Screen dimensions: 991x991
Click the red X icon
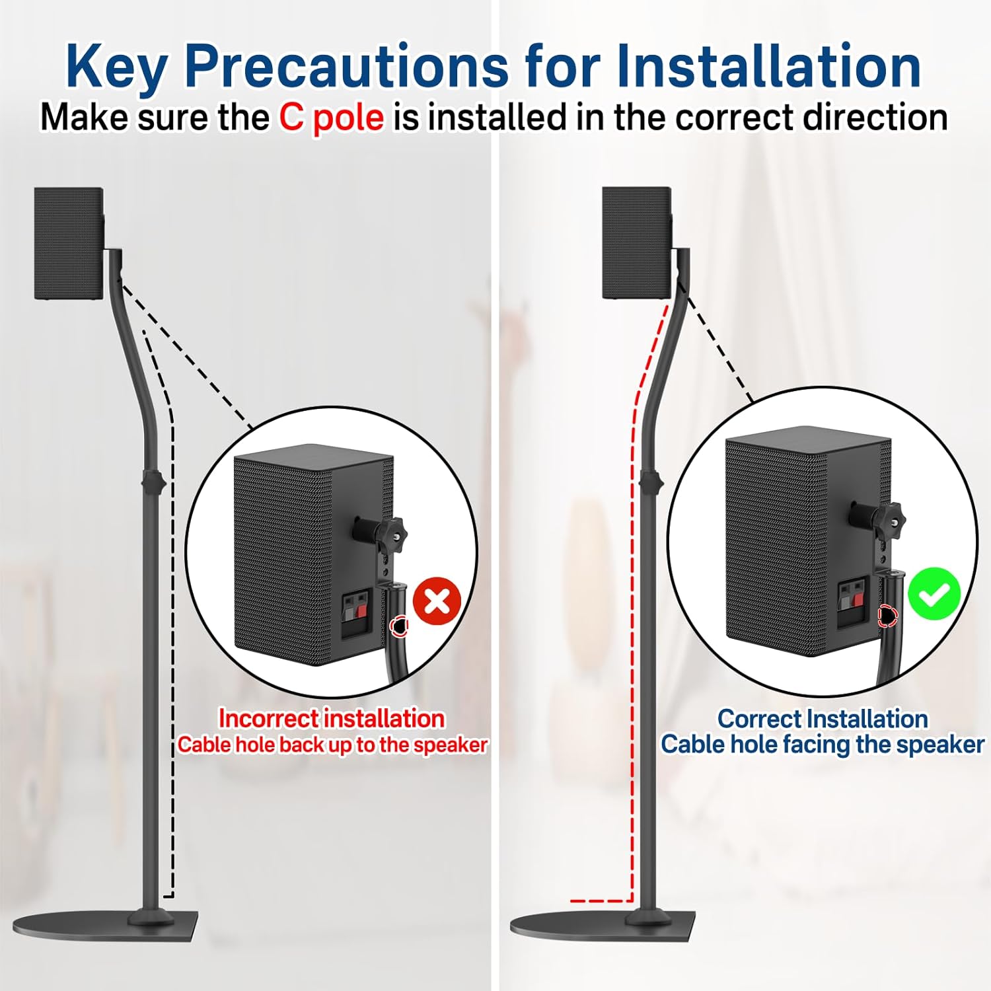coord(437,602)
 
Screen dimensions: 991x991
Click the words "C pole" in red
coord(331,118)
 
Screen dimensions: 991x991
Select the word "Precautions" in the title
coord(346,67)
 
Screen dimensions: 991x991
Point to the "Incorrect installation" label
coord(332,718)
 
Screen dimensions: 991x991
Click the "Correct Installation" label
coord(823,718)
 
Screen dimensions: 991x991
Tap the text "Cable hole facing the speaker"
coord(823,745)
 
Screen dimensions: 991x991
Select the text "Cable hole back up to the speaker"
coord(332,745)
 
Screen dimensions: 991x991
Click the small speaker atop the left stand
coord(69,244)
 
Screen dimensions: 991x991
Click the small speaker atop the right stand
coord(637,242)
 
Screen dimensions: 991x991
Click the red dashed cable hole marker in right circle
coord(887,616)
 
